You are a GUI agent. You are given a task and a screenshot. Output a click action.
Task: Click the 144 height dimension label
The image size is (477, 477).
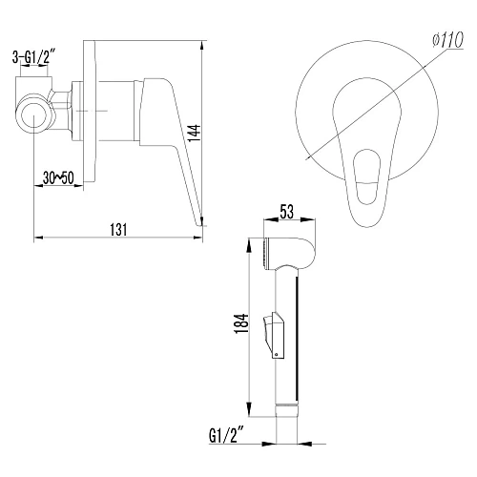click(195, 134)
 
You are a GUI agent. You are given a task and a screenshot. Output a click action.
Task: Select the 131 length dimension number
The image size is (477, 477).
click(118, 230)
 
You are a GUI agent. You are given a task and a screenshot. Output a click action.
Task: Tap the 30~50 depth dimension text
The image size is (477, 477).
click(58, 178)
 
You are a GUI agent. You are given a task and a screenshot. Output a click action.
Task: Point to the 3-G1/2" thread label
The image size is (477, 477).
click(32, 57)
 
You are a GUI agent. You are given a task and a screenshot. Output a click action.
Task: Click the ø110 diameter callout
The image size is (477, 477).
click(448, 41)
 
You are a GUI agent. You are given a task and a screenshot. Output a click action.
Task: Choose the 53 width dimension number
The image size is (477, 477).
click(287, 212)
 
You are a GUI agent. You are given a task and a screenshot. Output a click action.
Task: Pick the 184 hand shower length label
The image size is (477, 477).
click(241, 323)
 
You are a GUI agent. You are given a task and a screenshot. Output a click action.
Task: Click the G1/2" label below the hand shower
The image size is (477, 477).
click(226, 435)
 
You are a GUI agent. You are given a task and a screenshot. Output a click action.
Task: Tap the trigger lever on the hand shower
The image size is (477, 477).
click(273, 336)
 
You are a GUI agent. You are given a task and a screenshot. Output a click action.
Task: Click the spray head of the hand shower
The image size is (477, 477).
click(289, 254)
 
